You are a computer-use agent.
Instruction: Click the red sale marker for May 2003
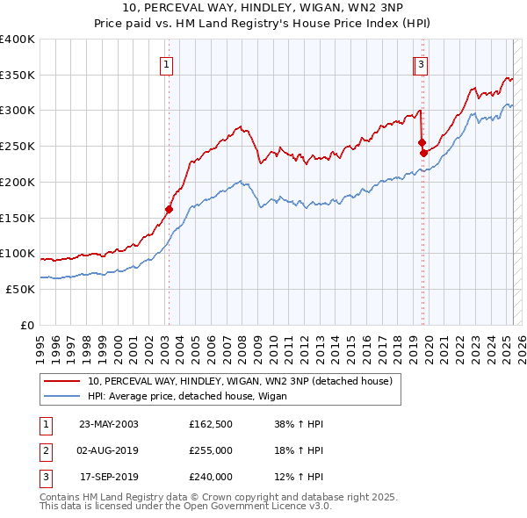[169, 209]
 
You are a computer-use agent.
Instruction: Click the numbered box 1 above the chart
[166, 63]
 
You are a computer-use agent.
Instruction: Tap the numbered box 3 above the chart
[422, 63]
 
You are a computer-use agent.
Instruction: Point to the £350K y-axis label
[18, 76]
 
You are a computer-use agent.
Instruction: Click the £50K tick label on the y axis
[21, 289]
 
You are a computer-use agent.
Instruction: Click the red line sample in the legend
[62, 381]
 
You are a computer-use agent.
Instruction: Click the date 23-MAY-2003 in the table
[109, 424]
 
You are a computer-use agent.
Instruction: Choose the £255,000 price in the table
[211, 450]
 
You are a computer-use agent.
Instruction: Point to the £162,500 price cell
[211, 424]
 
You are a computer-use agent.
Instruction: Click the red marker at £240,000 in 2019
[423, 153]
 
